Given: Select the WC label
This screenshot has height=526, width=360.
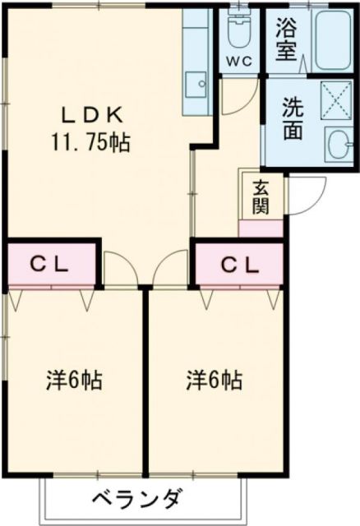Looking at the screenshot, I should (x=238, y=60).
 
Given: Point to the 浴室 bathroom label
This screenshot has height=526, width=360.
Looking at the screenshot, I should (x=288, y=40).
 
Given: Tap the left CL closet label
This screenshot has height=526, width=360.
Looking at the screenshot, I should (x=50, y=265).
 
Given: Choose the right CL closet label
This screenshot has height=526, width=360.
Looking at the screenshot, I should (x=240, y=265).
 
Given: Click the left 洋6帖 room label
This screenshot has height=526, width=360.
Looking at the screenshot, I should (x=73, y=381).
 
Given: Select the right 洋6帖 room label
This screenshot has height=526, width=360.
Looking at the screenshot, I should (x=214, y=381).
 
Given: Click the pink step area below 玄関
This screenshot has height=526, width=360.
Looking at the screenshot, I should (x=260, y=229).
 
